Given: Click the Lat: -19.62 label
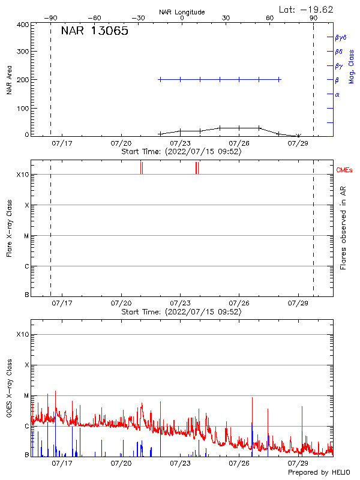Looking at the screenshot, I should coord(307,9).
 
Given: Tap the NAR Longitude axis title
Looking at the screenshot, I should coord(182,12).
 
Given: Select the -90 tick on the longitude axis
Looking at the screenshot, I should coord(52,18).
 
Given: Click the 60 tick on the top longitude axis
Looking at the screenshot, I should coord(269,18).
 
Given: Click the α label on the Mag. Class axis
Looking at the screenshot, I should coord(337,94).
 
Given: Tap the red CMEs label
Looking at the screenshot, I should coord(344,170).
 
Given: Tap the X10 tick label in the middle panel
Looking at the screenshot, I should coord(22,175).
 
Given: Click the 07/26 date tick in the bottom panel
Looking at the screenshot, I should coord(239,464).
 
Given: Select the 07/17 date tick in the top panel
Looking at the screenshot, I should coord(62,143).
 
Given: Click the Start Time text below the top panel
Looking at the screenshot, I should coord(181,152).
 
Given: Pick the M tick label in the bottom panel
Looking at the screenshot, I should coord(26,396).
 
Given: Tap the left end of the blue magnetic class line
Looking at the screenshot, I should coord(160,79).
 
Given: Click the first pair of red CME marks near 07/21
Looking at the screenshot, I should coord(141,167).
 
